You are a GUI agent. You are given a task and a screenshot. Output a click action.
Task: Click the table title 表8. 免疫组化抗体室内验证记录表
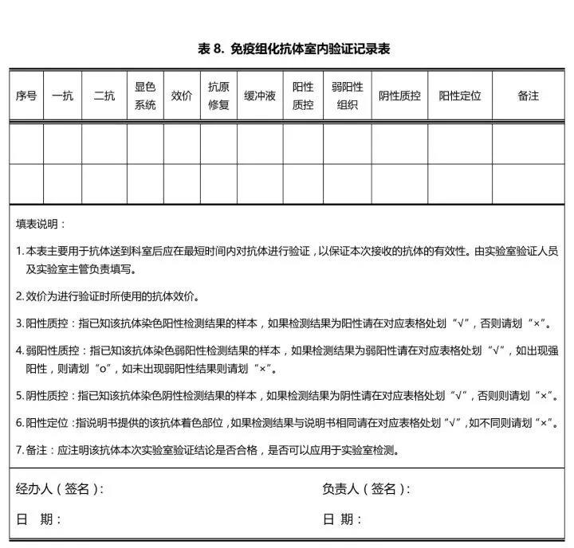293,49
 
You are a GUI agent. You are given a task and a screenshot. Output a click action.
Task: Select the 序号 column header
26,96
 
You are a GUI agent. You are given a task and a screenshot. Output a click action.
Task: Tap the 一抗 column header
62,96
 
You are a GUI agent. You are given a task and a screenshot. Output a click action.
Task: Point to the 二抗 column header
104,96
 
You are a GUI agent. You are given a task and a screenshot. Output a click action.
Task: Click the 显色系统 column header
145,96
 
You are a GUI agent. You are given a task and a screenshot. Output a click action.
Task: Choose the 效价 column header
182,96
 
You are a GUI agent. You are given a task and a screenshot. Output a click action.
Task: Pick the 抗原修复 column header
218,96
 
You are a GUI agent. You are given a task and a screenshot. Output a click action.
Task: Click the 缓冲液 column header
260,96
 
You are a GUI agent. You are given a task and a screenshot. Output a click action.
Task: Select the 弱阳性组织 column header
347,96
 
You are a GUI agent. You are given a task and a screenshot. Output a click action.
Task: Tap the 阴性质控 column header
399,96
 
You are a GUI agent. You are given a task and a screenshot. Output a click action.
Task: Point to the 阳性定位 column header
460,96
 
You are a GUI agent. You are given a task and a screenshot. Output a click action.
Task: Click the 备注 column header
528,96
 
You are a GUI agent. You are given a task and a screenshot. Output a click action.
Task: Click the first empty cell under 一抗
62,143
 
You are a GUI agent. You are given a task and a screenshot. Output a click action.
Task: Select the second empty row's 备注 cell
528,183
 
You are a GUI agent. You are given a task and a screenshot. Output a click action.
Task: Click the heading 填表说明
41,224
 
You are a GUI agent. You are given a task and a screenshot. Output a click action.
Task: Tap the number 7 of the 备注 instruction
19,450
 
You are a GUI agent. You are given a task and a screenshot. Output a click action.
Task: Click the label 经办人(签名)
60,489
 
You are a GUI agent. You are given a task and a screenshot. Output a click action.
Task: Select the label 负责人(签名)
366,489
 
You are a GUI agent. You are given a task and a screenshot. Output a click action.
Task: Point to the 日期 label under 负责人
342,519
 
